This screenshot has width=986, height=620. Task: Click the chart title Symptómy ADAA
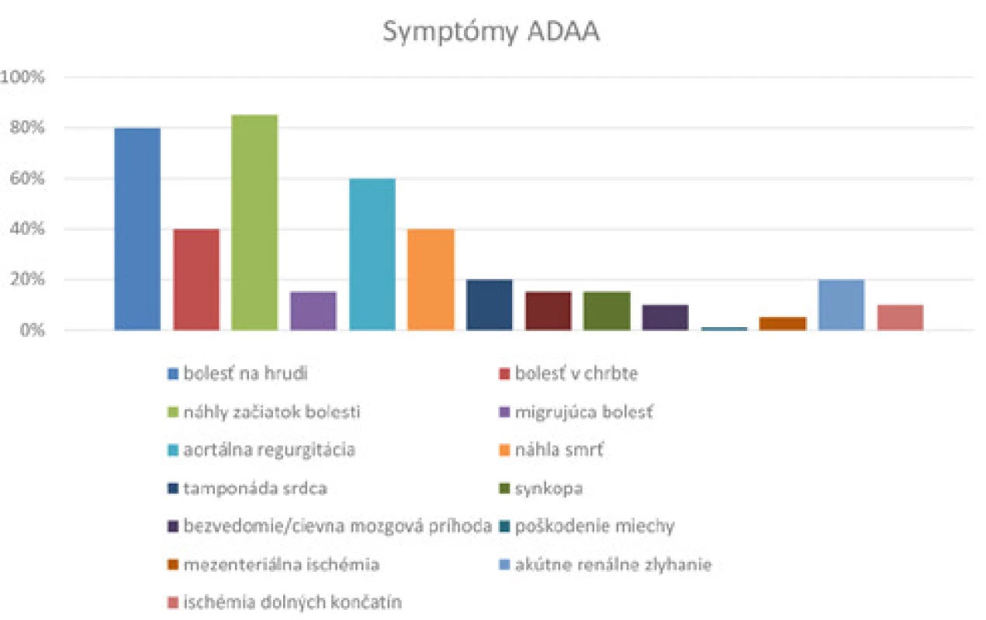point(491,33)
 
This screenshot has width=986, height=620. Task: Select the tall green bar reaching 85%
point(254,222)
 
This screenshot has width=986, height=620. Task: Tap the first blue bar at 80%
point(137,229)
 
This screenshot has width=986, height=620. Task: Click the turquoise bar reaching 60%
point(372,254)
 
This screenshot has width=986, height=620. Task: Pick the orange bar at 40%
point(431,280)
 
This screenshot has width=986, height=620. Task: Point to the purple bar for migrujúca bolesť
point(313,311)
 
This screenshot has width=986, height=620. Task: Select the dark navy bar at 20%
point(490,305)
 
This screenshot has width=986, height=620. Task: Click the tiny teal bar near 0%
point(724,329)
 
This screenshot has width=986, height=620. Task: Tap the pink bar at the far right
point(900,318)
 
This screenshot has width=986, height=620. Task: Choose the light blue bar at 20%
point(842,305)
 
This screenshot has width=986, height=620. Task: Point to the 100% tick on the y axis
point(22,77)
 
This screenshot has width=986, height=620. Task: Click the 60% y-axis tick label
point(27,178)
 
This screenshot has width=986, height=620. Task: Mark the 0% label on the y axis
point(32,330)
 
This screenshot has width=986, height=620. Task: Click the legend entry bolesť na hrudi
point(237,374)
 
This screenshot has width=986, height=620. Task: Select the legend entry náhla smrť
point(552,449)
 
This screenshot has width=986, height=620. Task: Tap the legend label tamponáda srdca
point(247,488)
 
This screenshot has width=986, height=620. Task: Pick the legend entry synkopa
point(541,488)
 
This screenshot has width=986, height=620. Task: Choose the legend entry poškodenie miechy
point(586,526)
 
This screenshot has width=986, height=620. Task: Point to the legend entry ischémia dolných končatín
point(285,602)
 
